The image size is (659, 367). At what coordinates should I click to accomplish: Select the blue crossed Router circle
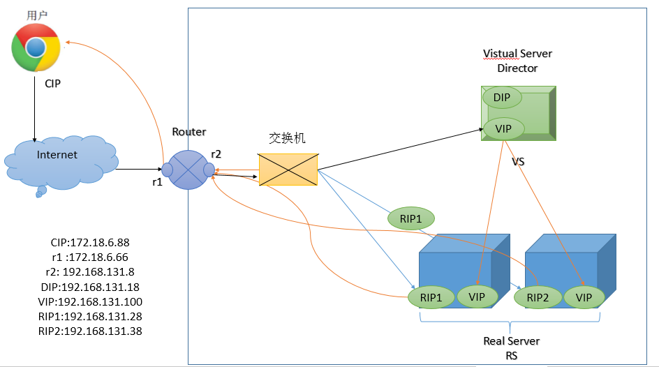[x=188, y=170]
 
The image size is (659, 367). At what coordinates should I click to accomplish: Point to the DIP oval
[x=502, y=98]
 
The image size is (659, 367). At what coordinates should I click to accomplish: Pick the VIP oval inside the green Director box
[x=503, y=129]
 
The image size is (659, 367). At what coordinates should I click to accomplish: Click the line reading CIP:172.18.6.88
[x=90, y=243]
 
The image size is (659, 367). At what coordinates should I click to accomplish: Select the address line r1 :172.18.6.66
[x=90, y=257]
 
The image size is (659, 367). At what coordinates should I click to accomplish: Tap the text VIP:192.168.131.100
[x=90, y=301]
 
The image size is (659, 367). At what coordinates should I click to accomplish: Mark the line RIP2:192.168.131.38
[x=90, y=331]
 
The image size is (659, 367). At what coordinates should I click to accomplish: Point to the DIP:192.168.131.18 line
[x=90, y=287]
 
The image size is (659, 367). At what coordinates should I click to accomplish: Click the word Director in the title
[x=517, y=68]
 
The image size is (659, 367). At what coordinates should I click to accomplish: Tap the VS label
[x=518, y=162]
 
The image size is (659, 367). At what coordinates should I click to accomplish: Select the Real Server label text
[x=511, y=341]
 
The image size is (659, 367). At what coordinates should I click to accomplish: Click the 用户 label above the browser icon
[x=36, y=15]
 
